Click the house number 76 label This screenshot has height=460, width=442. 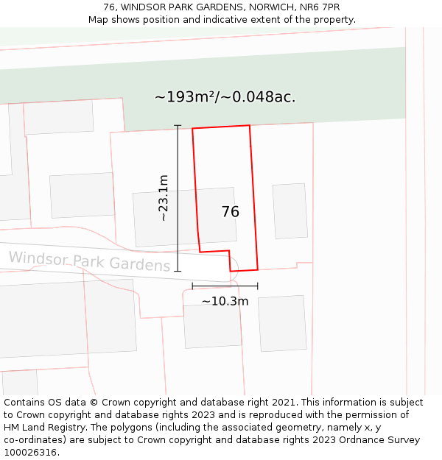coord(230,212)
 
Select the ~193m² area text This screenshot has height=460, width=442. coord(183,97)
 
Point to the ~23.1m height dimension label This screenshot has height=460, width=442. coord(163,198)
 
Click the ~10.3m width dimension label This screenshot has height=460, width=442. coord(225,301)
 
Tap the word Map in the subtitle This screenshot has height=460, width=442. coord(99,20)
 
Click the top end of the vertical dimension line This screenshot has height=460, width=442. coord(178,126)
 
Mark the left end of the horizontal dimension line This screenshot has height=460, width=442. coord(192,286)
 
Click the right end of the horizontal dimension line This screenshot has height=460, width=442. coord(258,286)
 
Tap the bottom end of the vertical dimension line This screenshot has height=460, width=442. coord(178,271)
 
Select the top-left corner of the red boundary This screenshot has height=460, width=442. coord(192,129)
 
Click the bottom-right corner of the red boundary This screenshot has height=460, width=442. coord(258,269)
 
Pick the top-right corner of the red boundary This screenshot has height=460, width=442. coord(250,125)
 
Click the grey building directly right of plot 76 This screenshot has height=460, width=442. coord(290,210)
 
